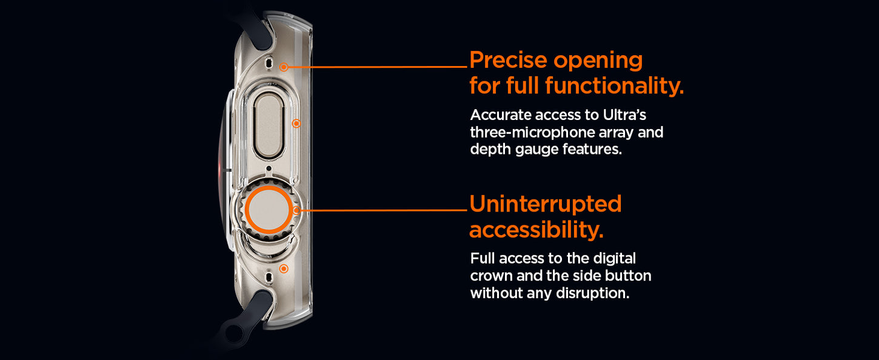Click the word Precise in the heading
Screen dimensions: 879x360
508,60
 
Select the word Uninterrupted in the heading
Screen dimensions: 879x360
546,204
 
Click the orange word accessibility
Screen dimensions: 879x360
536,230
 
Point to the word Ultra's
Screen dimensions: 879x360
624,115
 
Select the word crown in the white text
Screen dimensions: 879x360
491,276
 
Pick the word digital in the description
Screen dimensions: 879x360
614,259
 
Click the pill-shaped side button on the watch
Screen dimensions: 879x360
269,126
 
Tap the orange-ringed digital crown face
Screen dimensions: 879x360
269,210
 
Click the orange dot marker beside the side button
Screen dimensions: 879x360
296,124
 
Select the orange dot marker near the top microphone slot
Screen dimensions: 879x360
284,67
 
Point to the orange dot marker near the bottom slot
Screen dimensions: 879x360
284,268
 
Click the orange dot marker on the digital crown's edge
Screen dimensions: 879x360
297,210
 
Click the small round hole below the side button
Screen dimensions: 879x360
269,169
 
